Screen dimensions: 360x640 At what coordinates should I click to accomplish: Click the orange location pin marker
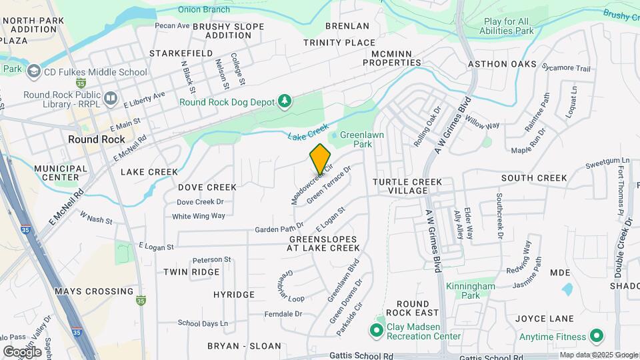pyautogui.click(x=320, y=158)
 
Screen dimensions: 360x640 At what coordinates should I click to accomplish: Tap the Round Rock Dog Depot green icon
pyautogui.click(x=285, y=101)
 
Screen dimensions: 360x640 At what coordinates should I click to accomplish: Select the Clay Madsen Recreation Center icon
pyautogui.click(x=377, y=329)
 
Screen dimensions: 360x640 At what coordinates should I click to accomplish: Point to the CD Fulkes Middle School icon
pyautogui.click(x=33, y=71)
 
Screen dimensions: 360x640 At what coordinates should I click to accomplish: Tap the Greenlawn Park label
pyautogui.click(x=361, y=139)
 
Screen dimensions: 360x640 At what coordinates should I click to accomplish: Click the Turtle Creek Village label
pyautogui.click(x=409, y=185)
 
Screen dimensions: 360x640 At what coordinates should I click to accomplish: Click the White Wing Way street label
pyautogui.click(x=199, y=216)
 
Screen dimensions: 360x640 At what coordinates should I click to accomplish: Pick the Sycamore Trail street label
pyautogui.click(x=567, y=68)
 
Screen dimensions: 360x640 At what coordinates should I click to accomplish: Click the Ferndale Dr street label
pyautogui.click(x=283, y=313)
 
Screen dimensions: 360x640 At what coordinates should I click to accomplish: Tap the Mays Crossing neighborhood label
pyautogui.click(x=94, y=291)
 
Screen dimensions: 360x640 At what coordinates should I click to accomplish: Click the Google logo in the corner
pyautogui.click(x=22, y=351)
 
